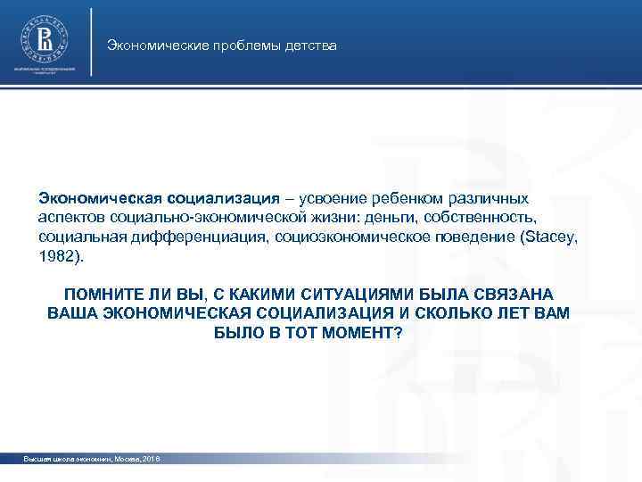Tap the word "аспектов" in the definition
point(72,217)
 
